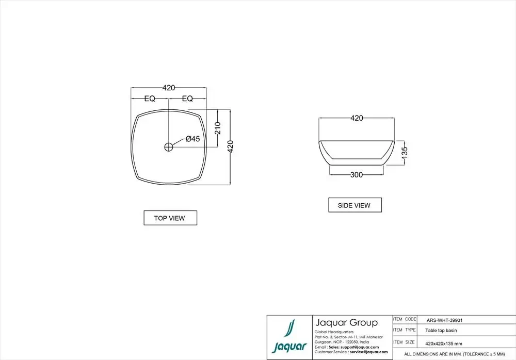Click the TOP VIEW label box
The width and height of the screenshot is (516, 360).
click(170, 218)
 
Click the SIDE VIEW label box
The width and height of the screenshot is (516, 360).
click(354, 205)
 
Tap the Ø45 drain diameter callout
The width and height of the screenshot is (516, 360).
click(192, 139)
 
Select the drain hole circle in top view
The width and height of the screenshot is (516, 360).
click(169, 147)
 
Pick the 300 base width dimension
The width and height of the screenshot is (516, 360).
click(356, 175)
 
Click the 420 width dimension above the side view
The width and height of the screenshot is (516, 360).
click(357, 118)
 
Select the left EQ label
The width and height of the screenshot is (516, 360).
click(150, 99)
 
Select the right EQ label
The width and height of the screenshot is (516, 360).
click(187, 99)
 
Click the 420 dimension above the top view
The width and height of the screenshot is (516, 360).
click(169, 88)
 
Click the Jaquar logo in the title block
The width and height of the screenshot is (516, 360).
click(289, 337)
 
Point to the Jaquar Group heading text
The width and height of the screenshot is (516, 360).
click(346, 323)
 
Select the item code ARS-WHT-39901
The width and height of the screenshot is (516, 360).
click(444, 320)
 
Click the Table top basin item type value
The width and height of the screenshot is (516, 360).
click(441, 331)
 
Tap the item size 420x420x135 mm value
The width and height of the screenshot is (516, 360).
click(443, 342)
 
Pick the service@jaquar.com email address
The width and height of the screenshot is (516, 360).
click(368, 352)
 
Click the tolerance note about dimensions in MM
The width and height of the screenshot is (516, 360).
click(454, 354)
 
